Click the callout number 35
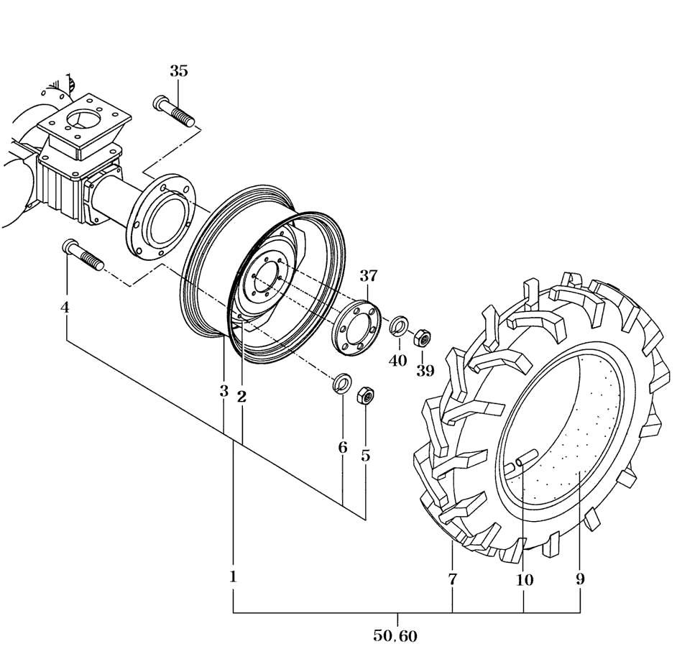point(179,71)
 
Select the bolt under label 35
point(174,111)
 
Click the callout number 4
point(65,307)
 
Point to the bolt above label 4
point(84,255)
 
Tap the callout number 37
point(369,275)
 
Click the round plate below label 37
point(355,328)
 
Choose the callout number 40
point(398,360)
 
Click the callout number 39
point(425,370)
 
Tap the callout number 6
point(343,448)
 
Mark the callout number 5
point(366,455)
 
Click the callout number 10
point(524,579)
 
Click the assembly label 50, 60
point(396,635)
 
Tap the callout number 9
point(580,579)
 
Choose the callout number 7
point(452,579)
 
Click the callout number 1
point(233,576)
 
